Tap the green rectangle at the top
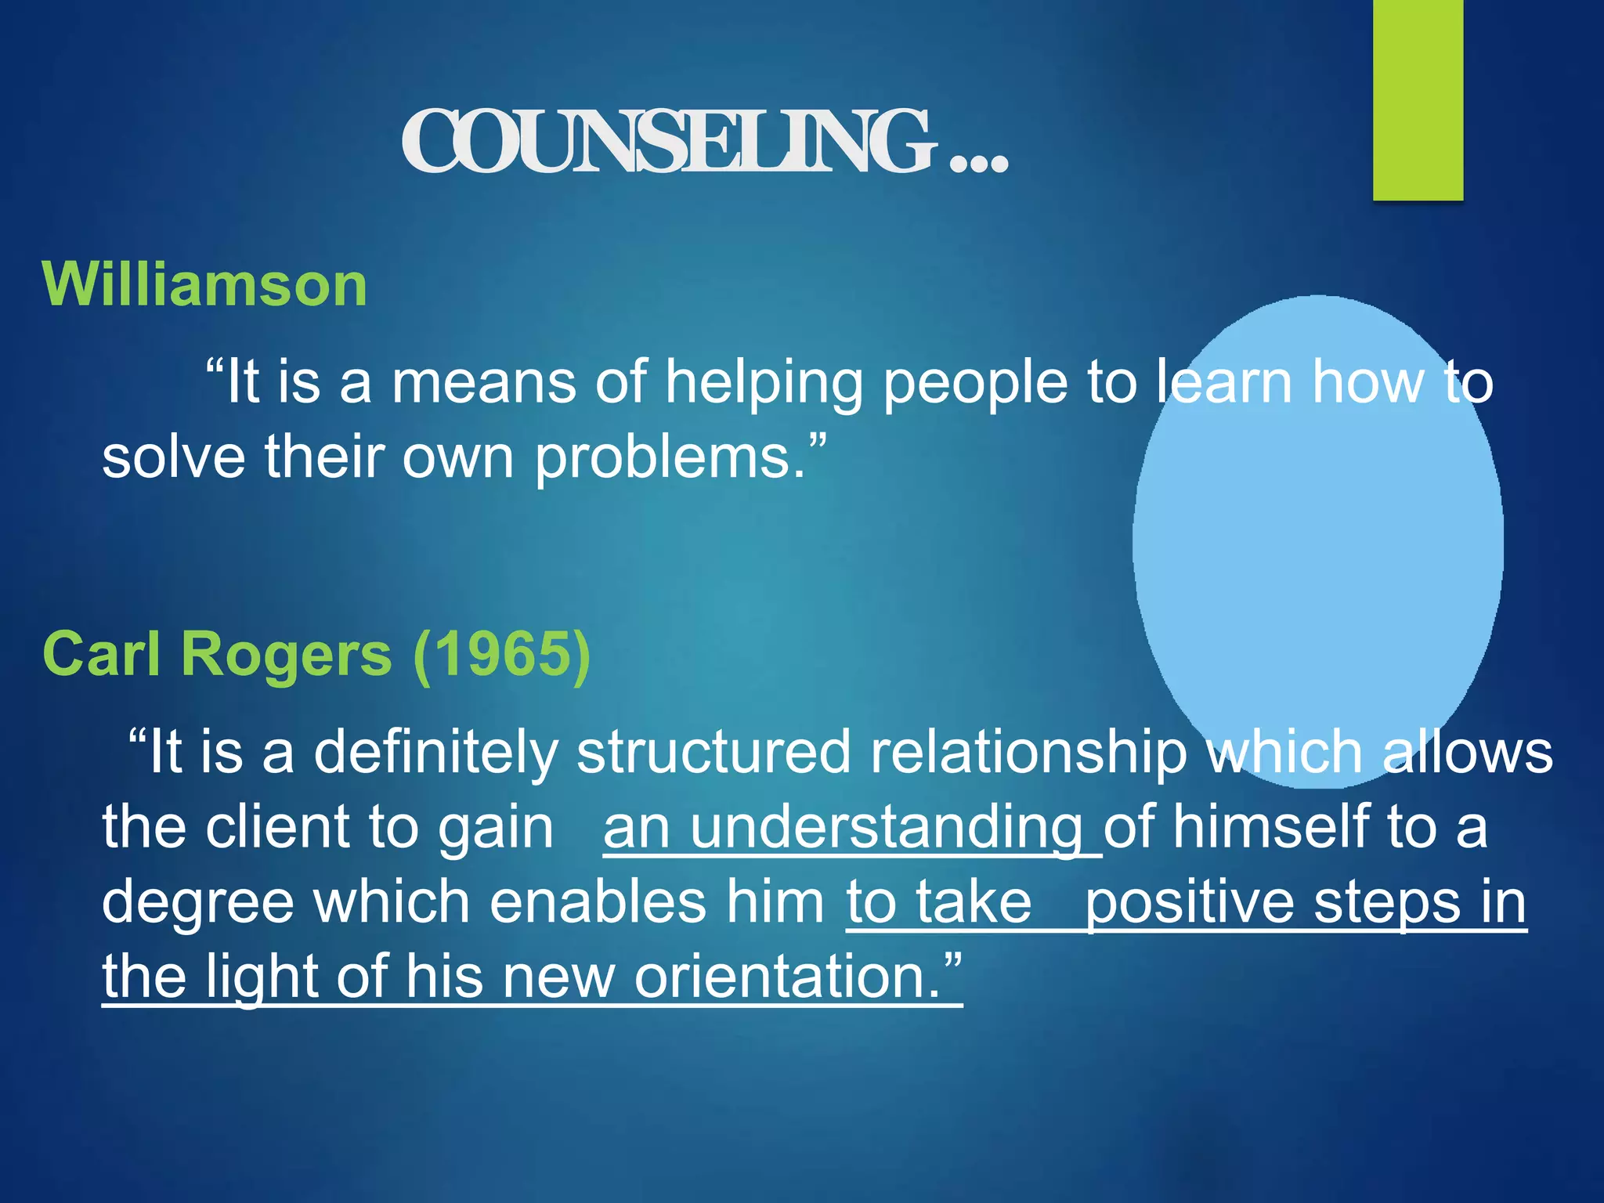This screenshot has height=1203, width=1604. point(1418,100)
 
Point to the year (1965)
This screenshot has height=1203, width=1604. point(501,654)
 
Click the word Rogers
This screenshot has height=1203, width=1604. point(287,654)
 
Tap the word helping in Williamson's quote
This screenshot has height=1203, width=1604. point(764,382)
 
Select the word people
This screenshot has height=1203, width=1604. point(975,382)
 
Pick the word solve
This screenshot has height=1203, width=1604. point(174,457)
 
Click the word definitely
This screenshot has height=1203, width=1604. point(435,752)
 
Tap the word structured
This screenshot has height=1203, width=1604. point(713,752)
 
